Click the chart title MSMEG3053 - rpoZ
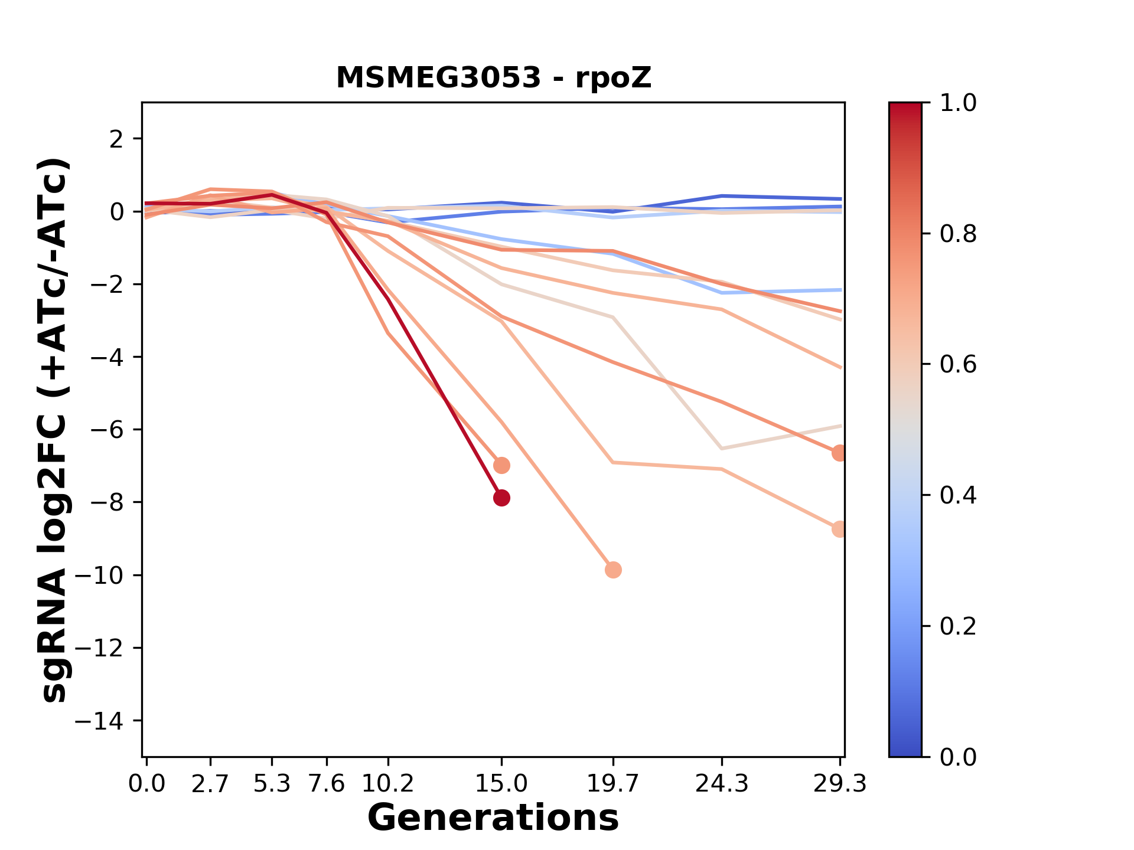pos(493,78)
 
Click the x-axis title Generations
pos(493,818)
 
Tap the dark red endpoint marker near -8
pos(501,498)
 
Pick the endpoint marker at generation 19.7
pos(613,570)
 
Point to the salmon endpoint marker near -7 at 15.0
pos(501,465)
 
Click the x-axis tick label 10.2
pos(387,784)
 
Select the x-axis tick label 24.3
pos(721,784)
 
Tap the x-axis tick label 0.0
pos(146,784)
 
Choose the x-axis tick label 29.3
pos(840,784)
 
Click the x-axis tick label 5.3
pos(272,784)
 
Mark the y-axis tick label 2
pos(117,139)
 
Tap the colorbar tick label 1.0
pos(958,103)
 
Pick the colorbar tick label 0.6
pos(958,365)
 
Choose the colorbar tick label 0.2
pos(958,626)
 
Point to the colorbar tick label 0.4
pos(958,495)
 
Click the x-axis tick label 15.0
pos(501,784)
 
